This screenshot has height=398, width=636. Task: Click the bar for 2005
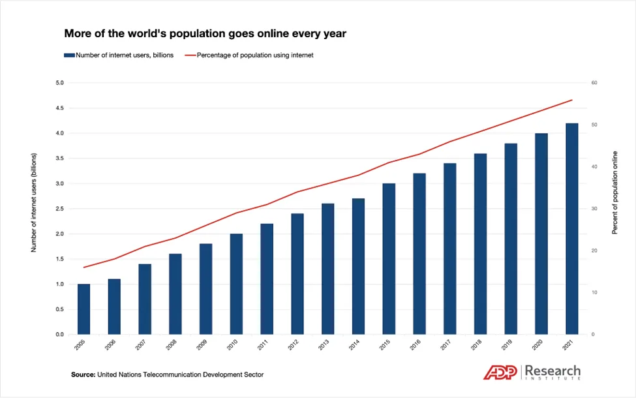tap(83, 309)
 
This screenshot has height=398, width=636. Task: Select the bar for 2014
tap(358, 266)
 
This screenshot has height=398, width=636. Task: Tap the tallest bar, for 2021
tap(572, 229)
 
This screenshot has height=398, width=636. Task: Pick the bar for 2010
tap(236, 284)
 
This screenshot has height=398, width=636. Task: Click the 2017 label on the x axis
tap(446, 345)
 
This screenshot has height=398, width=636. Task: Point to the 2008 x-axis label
tap(171, 345)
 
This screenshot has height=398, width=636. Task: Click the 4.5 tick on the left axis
tap(59, 108)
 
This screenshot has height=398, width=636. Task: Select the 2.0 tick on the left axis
tap(59, 234)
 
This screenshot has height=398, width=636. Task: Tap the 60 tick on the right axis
tap(594, 83)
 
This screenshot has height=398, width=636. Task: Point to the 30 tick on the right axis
tap(594, 209)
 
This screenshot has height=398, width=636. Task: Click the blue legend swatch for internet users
tap(69, 55)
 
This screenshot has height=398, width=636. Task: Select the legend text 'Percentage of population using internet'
tap(255, 55)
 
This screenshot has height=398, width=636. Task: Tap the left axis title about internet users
tap(34, 202)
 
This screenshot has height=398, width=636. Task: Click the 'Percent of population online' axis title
tap(615, 192)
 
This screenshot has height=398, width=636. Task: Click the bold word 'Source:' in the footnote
tap(83, 375)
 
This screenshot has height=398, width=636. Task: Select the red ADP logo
tap(500, 373)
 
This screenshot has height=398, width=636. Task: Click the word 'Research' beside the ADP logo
tap(553, 371)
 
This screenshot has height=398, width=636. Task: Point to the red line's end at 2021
tap(572, 100)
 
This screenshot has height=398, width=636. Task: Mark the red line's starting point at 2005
tap(83, 268)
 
